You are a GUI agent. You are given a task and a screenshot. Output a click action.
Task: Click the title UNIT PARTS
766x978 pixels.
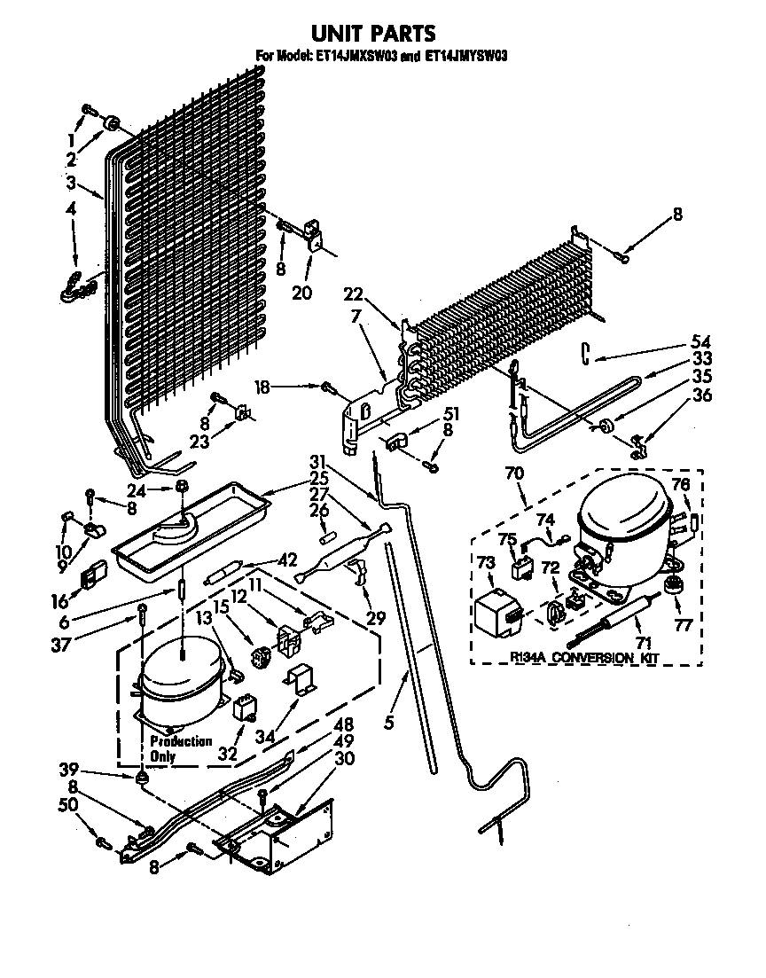[x=373, y=34]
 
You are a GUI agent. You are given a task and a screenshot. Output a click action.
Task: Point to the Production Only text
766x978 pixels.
[x=180, y=748]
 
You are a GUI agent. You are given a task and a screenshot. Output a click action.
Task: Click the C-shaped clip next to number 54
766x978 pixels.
[x=587, y=352]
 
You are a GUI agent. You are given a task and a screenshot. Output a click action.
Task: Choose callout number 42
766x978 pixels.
[x=286, y=559]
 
